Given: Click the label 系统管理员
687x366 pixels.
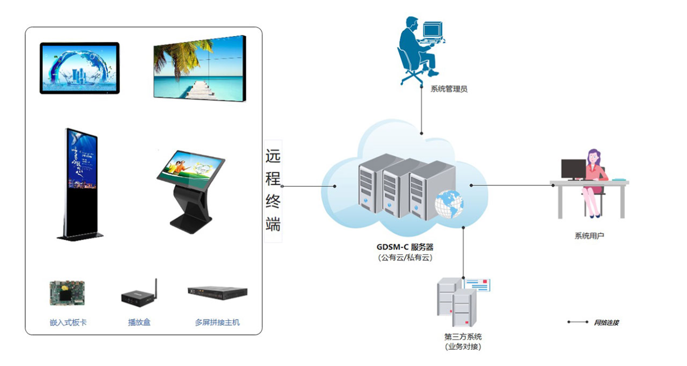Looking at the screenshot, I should (449, 89).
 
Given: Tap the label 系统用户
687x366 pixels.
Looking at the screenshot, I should (589, 236).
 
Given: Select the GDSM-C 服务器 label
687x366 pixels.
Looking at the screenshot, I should (404, 247).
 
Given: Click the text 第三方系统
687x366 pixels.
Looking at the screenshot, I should (463, 337).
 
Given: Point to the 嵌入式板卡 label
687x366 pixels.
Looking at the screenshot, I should (68, 322).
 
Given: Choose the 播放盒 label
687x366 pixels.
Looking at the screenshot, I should (139, 322).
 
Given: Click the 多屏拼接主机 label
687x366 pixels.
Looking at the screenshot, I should (217, 322).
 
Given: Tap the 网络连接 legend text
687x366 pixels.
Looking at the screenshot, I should (606, 322).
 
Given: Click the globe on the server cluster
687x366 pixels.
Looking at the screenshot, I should (450, 205).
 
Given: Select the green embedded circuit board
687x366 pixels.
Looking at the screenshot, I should (67, 293).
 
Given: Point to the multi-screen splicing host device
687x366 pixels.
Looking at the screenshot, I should (217, 292).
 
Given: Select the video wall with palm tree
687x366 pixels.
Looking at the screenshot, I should (200, 67).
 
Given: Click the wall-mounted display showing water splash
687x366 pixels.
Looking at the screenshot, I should (79, 68).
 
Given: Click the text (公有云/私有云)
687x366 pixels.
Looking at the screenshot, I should (405, 258).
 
